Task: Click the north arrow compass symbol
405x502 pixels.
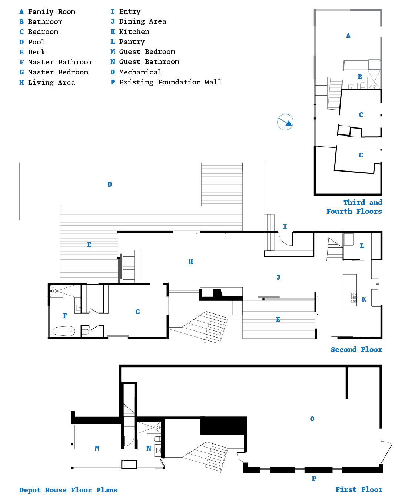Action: click(x=285, y=122)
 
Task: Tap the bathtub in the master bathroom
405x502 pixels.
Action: click(x=64, y=331)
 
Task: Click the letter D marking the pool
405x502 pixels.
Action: click(x=110, y=184)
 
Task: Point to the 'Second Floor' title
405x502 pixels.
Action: click(x=356, y=349)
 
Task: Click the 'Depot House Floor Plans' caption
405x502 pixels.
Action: click(x=68, y=490)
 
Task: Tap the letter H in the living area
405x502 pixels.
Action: click(x=190, y=262)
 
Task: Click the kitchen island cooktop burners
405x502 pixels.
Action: click(x=353, y=297)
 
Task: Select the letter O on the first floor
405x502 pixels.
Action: click(x=312, y=419)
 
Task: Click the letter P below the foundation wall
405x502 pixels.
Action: click(x=314, y=478)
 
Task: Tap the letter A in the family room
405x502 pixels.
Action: click(x=348, y=36)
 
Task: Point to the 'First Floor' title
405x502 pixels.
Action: click(x=359, y=489)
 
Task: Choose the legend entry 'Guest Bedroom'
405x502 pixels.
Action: click(x=147, y=52)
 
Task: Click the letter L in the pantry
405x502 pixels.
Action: click(x=362, y=246)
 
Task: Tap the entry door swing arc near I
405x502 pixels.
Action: click(x=283, y=241)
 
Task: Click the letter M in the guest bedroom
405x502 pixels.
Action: click(x=97, y=448)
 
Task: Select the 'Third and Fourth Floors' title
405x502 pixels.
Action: click(x=354, y=207)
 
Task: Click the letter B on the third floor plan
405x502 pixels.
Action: click(x=360, y=77)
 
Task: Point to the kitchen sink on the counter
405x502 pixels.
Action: click(x=375, y=284)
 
